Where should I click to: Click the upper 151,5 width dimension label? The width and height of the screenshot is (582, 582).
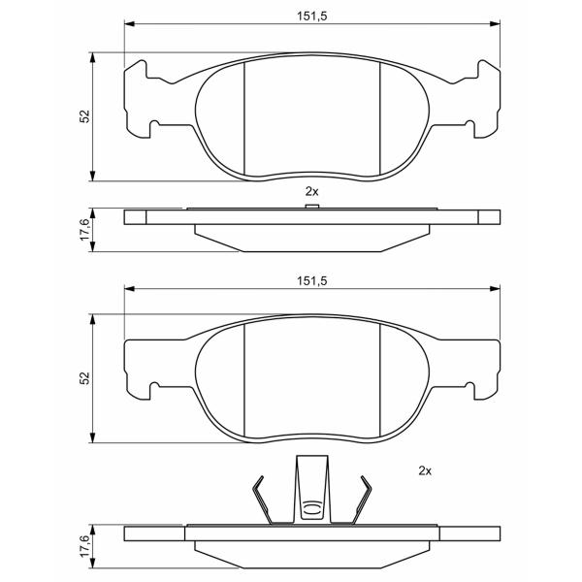(311, 16)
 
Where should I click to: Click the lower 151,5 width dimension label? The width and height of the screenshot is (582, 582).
(311, 281)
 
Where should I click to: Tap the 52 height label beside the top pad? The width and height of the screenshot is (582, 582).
(85, 116)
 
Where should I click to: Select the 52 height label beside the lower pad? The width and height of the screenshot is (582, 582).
(85, 378)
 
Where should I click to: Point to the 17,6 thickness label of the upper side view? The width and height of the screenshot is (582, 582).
(85, 229)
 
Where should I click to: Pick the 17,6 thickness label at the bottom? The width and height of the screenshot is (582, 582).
(85, 545)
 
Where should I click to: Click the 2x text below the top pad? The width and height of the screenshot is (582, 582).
(311, 191)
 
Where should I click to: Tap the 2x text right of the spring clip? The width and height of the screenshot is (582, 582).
(425, 471)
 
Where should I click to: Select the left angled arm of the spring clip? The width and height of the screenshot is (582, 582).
(263, 500)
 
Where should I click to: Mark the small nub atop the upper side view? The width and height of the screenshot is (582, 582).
(311, 206)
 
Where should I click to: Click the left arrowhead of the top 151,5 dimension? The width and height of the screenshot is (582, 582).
(129, 24)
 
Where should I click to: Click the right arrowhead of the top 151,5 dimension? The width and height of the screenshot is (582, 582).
(495, 24)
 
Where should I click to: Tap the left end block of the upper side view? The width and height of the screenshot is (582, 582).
(135, 217)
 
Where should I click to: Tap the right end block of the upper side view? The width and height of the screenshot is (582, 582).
(489, 217)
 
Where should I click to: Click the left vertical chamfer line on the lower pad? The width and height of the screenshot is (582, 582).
(244, 379)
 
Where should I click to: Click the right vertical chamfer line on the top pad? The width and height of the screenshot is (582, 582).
(380, 118)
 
